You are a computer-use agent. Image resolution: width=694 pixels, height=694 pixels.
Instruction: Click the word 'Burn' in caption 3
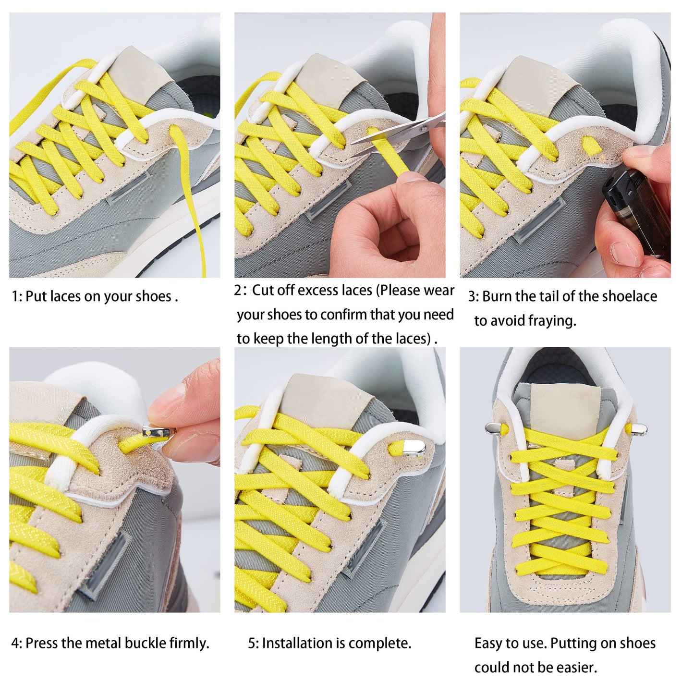[x=497, y=296]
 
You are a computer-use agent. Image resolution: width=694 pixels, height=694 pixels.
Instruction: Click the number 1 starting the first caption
[x=15, y=296]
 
